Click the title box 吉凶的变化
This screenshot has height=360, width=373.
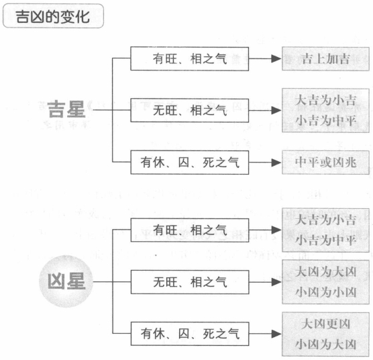[x=53, y=16]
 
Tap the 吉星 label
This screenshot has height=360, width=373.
[x=66, y=109]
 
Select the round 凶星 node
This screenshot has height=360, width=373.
[x=66, y=281]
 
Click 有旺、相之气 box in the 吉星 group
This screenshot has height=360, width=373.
[x=190, y=59]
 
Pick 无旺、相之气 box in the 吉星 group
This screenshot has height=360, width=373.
[x=190, y=110]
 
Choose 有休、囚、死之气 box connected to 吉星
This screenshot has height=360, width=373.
[x=190, y=163]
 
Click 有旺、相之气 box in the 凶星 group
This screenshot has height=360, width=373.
[x=190, y=230]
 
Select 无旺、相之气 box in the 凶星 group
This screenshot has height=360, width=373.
[x=190, y=282]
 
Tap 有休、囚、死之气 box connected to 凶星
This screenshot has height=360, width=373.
[x=190, y=334]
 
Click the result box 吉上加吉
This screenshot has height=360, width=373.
[x=325, y=59]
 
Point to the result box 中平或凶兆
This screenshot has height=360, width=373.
[x=325, y=163]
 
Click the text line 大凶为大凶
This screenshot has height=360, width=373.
[x=325, y=271]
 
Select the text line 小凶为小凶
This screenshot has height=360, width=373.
[x=325, y=292]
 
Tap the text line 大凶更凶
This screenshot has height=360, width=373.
[x=325, y=324]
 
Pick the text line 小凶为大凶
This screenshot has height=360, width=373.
[x=325, y=344]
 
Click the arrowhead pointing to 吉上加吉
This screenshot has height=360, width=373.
[x=276, y=58]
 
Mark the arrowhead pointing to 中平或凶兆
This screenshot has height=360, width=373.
[x=276, y=163]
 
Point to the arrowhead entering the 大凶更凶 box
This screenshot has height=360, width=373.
[x=276, y=334]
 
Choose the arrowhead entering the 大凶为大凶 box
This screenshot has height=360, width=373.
[x=276, y=282]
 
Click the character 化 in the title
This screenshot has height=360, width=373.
[x=83, y=17]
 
